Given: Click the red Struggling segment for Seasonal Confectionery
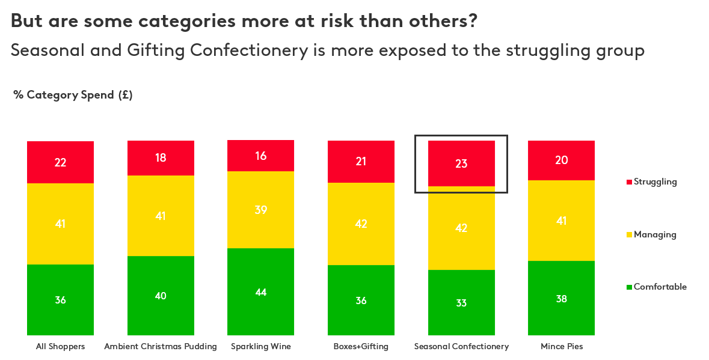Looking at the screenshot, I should point(461,163).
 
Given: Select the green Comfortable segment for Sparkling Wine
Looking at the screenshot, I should point(260,291).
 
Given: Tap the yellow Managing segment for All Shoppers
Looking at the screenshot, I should point(60,224).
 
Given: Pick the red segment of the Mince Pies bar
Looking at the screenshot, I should point(561,160).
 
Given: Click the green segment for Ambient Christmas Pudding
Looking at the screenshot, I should point(161,295).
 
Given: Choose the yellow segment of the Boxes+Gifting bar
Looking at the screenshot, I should point(361,224).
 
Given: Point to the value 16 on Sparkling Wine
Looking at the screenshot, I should point(260,156).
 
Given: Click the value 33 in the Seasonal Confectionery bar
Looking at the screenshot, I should point(461,303).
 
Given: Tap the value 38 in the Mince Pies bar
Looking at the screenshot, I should point(561,299).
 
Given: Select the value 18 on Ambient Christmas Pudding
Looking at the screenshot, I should point(161,158).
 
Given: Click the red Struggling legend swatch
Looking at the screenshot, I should point(629,182).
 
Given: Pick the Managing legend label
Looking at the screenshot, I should point(655,234).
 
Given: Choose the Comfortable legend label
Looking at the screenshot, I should point(660,287).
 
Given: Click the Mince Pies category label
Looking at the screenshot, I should point(561,347).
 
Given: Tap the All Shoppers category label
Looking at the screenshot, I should point(60,347).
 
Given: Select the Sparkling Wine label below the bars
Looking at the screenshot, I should point(260,347).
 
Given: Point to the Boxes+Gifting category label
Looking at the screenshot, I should point(361,347).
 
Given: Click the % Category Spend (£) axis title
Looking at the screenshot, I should point(73,95).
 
